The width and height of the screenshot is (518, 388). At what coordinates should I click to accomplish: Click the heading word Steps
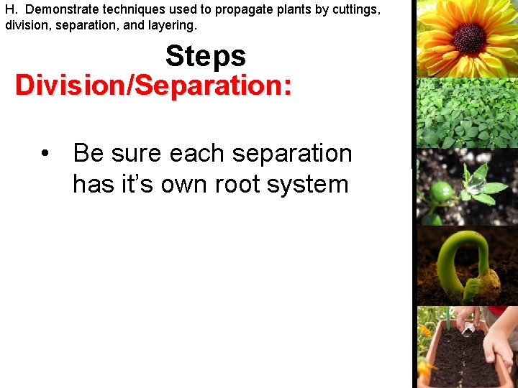[x=205, y=56]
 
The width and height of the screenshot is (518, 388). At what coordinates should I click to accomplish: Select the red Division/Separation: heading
[x=153, y=86]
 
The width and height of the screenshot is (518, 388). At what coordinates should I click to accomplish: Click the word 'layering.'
[x=170, y=25]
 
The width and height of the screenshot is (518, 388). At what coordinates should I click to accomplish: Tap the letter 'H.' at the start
[x=12, y=10]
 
